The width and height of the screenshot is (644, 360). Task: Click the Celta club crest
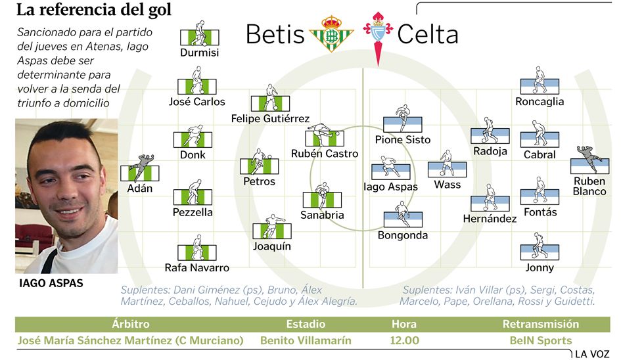point(378,34)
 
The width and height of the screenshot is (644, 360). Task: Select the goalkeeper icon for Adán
point(140,169)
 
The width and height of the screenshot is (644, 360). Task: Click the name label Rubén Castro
point(325,154)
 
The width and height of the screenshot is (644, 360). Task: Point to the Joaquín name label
point(271,246)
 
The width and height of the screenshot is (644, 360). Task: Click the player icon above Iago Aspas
point(391,169)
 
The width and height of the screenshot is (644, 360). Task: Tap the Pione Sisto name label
point(402,139)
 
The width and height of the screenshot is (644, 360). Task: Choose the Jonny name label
point(540,267)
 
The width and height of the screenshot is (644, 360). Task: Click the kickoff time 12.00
point(405,341)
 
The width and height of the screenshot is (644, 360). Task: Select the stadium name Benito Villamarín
point(306,341)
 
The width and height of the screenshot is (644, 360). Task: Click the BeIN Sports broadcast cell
point(540,341)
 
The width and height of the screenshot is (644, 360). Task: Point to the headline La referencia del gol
point(93,10)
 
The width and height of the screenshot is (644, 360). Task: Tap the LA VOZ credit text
point(592,354)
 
